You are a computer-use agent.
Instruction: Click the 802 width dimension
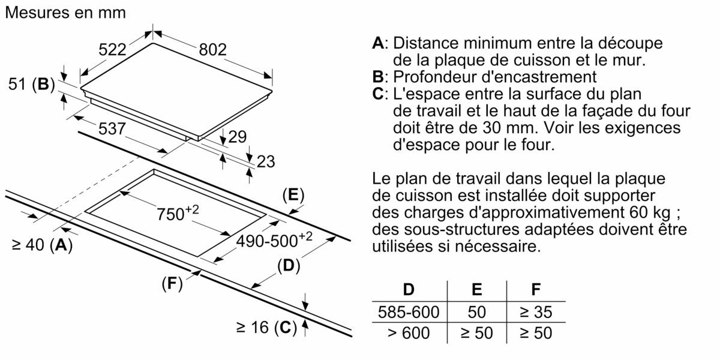click(212, 50)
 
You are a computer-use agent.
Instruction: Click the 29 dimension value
click(237, 137)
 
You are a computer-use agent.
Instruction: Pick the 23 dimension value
click(265, 161)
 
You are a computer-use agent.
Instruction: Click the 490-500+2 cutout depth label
click(274, 239)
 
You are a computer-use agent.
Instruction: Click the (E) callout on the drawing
click(293, 195)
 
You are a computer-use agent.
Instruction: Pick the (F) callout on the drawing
click(172, 284)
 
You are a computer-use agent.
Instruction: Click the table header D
click(409, 290)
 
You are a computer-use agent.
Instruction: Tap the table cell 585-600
click(409, 312)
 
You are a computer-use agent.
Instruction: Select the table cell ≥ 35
click(535, 312)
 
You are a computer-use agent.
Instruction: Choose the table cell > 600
click(409, 332)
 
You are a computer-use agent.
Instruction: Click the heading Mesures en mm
click(65, 13)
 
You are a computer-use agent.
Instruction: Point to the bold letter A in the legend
click(377, 43)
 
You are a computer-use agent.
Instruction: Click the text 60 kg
click(653, 213)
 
